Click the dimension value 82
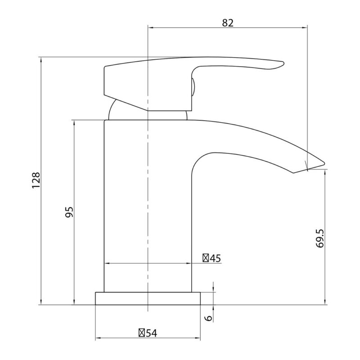pos(228,23)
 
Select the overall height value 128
pos(36,180)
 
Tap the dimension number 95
pos(69,212)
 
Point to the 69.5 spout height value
pos(319,238)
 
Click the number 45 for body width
pos(215,258)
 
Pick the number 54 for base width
pos(151,333)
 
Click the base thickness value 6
pos(209,318)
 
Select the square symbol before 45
pos(206,258)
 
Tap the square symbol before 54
pos(142,333)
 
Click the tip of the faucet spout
pos(324,163)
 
